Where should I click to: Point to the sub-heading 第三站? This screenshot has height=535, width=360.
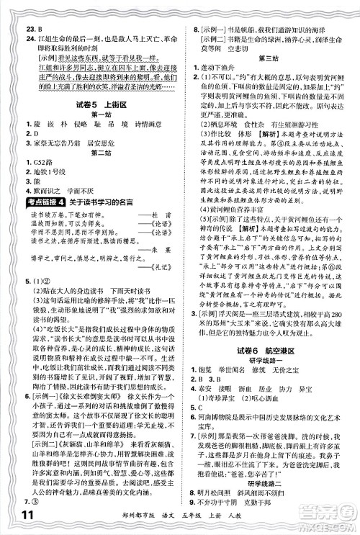pos(269,57)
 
